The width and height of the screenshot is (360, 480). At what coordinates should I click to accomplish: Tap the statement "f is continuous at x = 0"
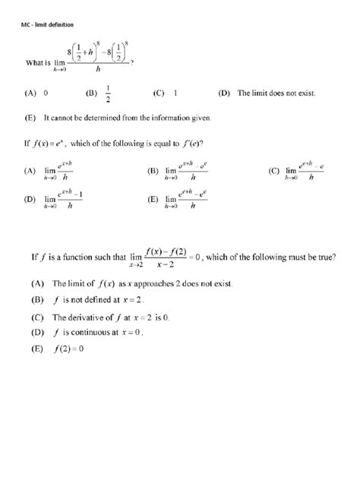pyautogui.click(x=107, y=332)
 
